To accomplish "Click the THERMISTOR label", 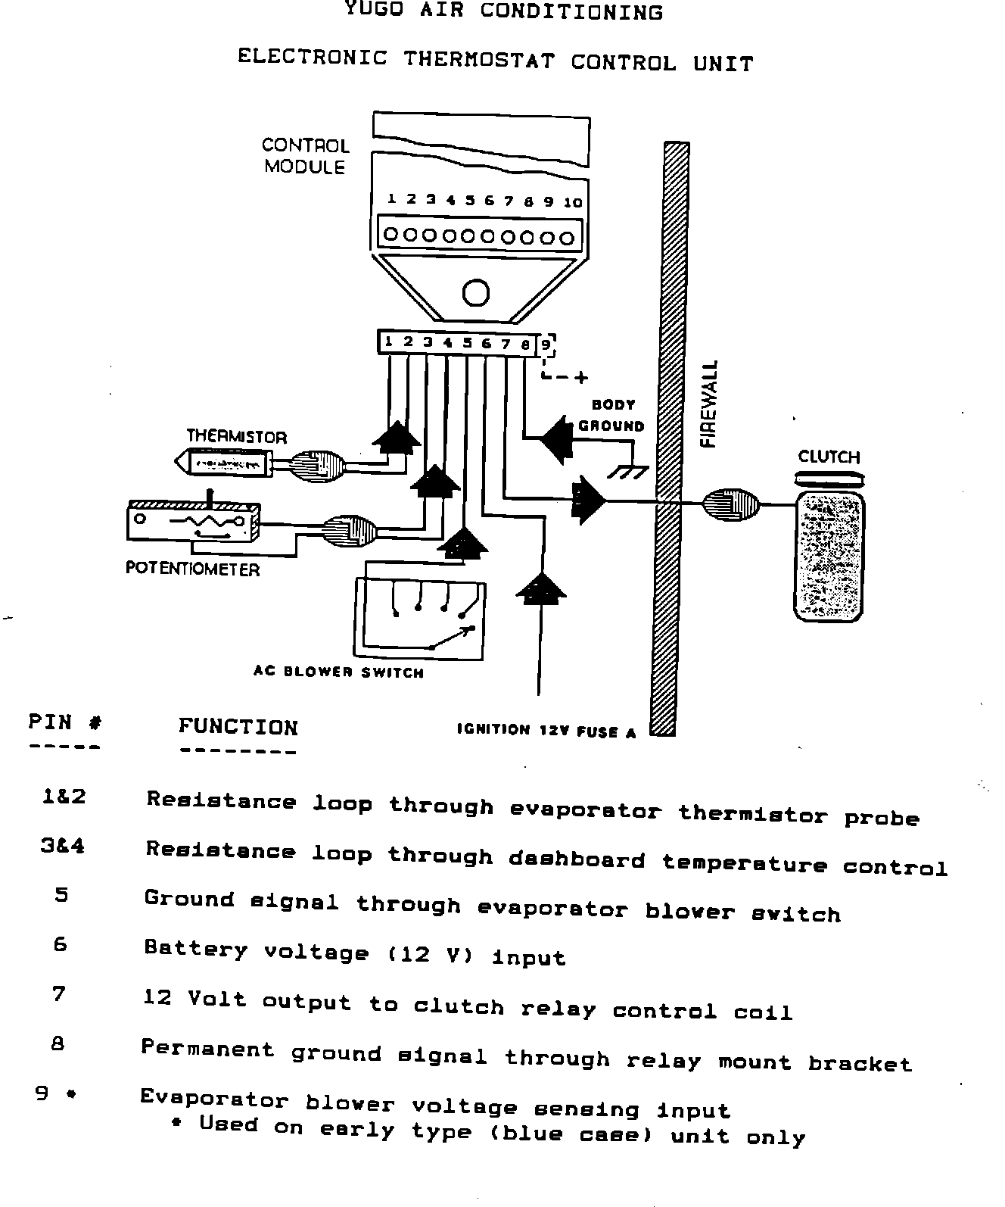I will (x=237, y=437).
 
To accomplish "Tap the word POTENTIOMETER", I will (x=192, y=569).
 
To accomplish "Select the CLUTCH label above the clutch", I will (x=829, y=457).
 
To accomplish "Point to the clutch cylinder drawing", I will (x=829, y=556).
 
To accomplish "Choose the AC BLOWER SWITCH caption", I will (x=338, y=672).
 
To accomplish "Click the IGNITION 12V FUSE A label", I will (x=546, y=731).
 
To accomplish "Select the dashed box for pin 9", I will (x=546, y=345).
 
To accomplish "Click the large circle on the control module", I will (x=476, y=292).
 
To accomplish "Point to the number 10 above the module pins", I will (x=574, y=202).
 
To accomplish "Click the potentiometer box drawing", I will (x=192, y=522).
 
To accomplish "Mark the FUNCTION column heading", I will (x=238, y=728).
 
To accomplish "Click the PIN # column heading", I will (x=65, y=722).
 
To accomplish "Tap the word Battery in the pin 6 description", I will (x=196, y=949).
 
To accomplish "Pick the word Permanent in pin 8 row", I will (x=207, y=1049).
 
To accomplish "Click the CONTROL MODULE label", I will (x=305, y=156).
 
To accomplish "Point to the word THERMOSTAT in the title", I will (x=478, y=59).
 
